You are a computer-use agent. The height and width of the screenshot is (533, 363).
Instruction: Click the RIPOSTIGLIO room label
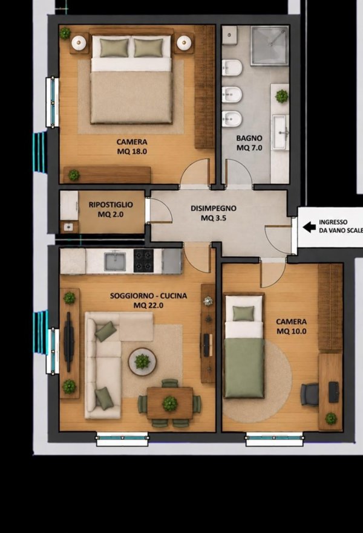pos(111,205)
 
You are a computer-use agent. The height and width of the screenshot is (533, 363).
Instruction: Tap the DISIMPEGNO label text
pos(214,208)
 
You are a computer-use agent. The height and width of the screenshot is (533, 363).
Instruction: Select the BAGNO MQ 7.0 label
pos(249,143)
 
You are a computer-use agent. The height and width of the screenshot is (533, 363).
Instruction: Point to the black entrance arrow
pos(309,227)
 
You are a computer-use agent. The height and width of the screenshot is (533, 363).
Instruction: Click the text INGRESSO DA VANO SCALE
pos(341,226)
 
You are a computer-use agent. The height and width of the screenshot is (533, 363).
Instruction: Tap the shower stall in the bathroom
pos(269,45)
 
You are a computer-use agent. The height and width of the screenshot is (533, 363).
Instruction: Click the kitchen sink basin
pos(115,262)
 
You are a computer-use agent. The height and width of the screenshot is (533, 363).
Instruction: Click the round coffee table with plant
pos(142,361)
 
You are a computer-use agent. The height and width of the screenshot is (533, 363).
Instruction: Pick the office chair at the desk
pos(309,394)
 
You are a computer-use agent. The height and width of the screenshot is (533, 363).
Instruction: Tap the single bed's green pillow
pos(243,313)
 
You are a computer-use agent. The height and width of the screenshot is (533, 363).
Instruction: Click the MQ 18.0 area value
pos(132,152)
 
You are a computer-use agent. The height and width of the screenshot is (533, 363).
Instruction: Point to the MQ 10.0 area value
pos(291,331)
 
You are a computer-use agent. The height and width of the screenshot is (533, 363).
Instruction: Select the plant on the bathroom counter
pos(282,96)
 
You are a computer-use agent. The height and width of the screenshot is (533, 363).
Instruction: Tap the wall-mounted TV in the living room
pos(69,342)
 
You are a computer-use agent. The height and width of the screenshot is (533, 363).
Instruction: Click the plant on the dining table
pos(169,404)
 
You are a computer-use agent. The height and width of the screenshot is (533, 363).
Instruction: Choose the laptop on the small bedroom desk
pos(334,392)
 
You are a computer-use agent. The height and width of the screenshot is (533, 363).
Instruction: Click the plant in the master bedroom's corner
pos(65,33)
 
